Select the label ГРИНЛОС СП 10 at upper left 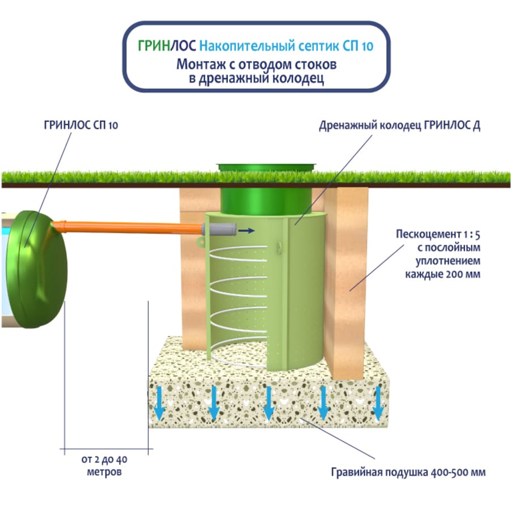pyautogui.click(x=81, y=126)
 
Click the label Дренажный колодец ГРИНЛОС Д pyautogui.click(x=400, y=126)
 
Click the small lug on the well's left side pyautogui.click(x=200, y=240)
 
